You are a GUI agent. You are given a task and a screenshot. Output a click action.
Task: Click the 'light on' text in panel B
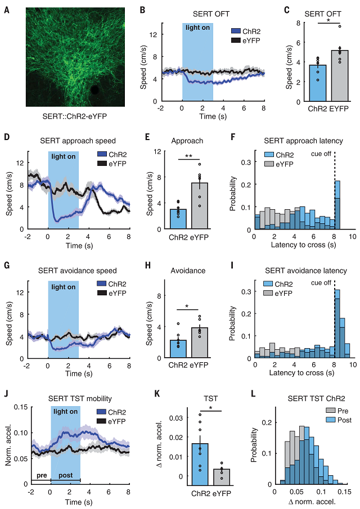pos(197,28)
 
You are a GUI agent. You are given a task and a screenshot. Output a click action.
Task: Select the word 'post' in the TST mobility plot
pos(66,475)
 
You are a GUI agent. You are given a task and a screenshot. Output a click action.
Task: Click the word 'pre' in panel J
pos(40,475)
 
